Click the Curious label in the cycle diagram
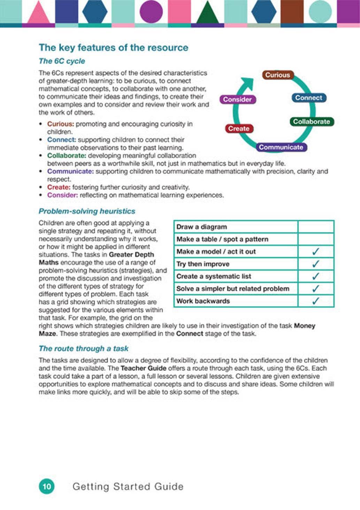[x=277, y=75]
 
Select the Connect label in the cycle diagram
[x=309, y=98]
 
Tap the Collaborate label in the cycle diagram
[x=311, y=121]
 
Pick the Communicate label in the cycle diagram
[x=281, y=147]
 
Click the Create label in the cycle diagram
[x=239, y=128]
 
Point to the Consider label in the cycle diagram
[x=237, y=99]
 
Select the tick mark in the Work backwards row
[x=316, y=301]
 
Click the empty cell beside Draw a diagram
[x=316, y=227]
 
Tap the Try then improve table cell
[x=203, y=264]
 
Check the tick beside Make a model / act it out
[x=316, y=252]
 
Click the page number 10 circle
[x=47, y=486]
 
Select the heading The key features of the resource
[x=114, y=48]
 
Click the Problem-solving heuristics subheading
[x=87, y=211]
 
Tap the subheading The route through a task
[x=84, y=348]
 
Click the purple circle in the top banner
[x=151, y=12]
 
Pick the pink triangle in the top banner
[x=38, y=14]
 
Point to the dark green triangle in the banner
[x=208, y=14]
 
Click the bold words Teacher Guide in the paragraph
[x=143, y=368]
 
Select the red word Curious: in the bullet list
[x=60, y=124]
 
